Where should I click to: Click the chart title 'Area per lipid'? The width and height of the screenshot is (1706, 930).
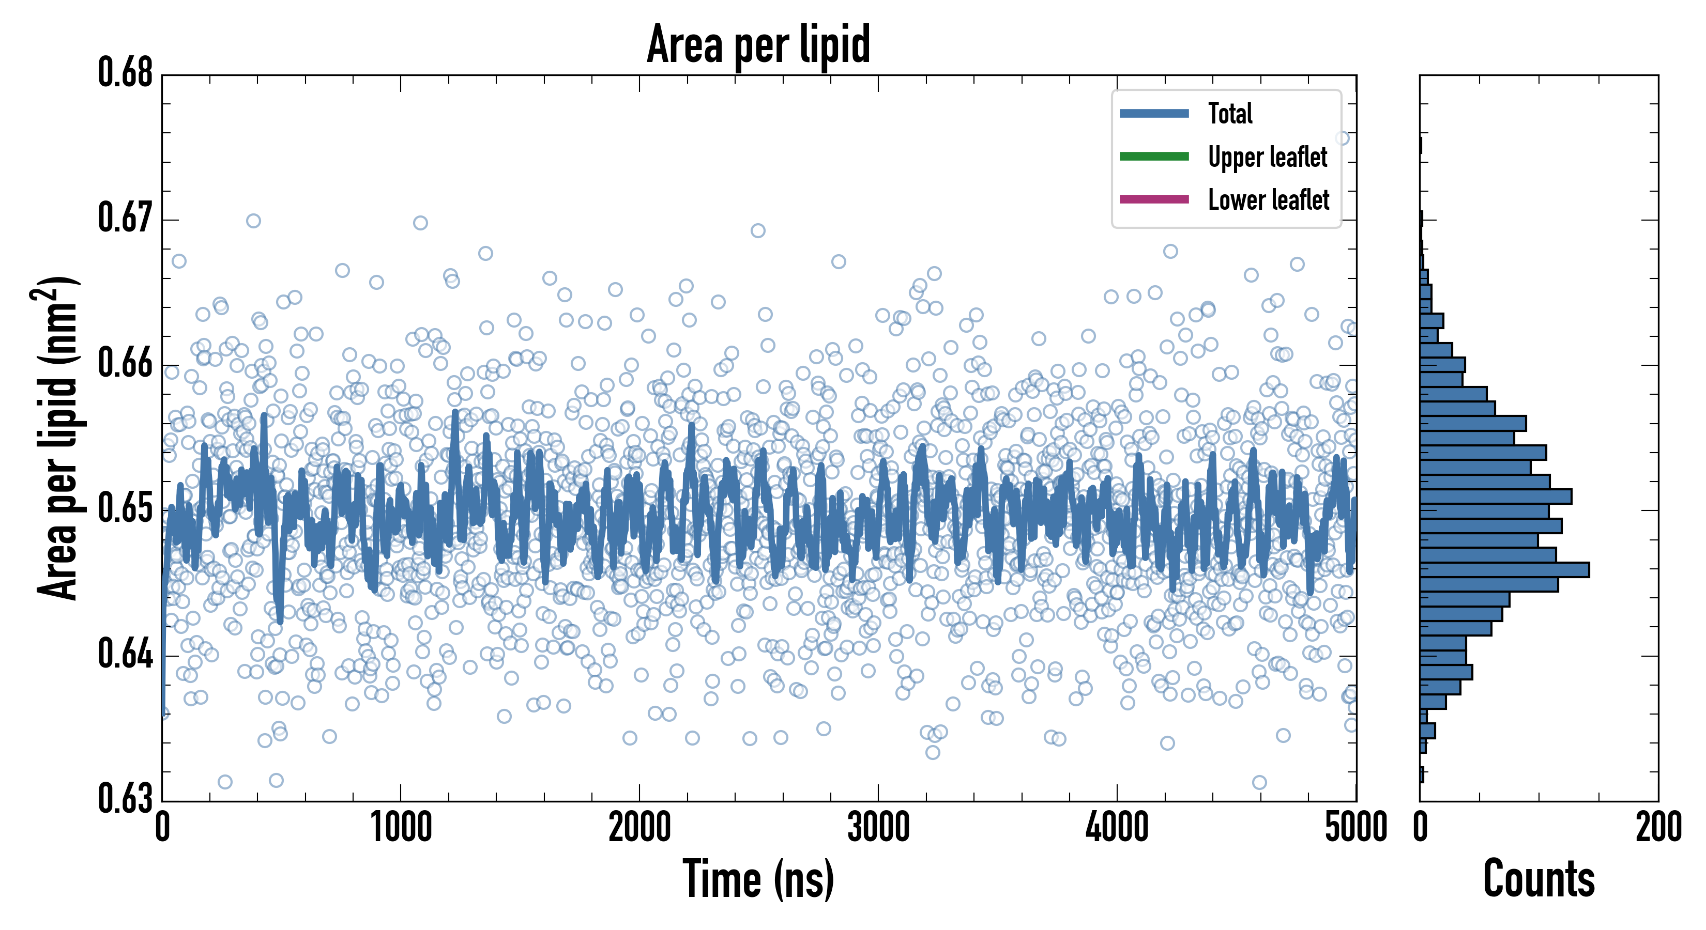[758, 44]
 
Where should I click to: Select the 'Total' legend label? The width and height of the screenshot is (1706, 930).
[1230, 113]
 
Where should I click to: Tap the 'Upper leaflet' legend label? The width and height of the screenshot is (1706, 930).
[1267, 157]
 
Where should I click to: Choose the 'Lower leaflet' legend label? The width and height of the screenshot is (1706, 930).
[1268, 199]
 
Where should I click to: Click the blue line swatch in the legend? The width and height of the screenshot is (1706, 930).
[1154, 113]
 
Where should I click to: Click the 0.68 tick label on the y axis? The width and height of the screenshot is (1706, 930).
[126, 73]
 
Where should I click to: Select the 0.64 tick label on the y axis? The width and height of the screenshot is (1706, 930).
[126, 654]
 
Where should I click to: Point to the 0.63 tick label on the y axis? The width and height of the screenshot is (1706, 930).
[126, 798]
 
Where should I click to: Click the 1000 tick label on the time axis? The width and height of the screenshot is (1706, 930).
[401, 827]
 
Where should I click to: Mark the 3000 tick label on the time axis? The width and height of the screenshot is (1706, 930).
[878, 827]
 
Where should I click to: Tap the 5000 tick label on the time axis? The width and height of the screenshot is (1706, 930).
[1355, 827]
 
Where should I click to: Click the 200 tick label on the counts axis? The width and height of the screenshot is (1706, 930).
[1657, 827]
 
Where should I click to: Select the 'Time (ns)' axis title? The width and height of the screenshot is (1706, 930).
[758, 879]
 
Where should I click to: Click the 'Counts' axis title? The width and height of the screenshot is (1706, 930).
[1539, 879]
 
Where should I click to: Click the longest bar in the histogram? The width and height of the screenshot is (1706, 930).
[1503, 570]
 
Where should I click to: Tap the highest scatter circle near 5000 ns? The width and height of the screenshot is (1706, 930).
[1342, 137]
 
